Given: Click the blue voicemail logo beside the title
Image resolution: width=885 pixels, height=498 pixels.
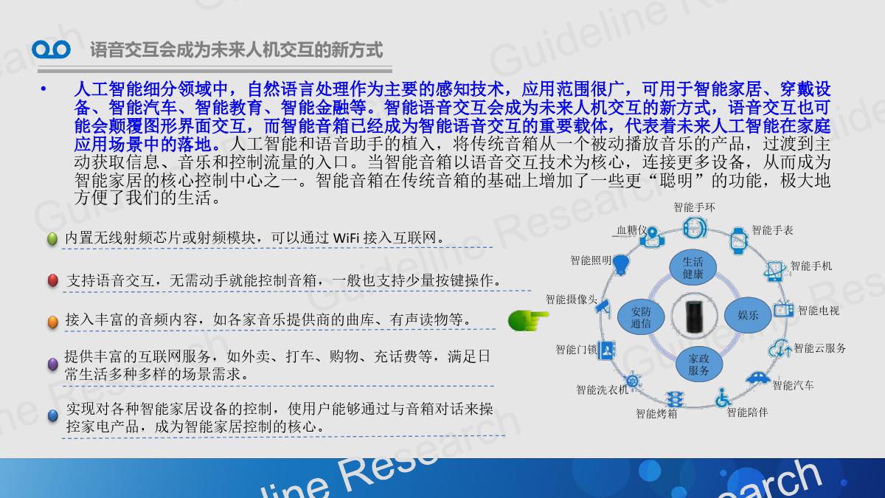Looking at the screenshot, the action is pos(51,49).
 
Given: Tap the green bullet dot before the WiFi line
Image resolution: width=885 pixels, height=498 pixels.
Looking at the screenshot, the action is pos(52,239).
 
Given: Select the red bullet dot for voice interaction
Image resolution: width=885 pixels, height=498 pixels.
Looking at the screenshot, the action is pos(52,280).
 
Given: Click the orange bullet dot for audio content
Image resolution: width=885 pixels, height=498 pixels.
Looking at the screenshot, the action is pos(52,322).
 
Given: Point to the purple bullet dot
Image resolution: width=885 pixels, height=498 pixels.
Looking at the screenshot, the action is pos(52,364).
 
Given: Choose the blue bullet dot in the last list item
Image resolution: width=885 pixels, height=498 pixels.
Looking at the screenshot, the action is pos(52,416).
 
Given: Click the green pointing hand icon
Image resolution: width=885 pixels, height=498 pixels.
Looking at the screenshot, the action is pos(528,320).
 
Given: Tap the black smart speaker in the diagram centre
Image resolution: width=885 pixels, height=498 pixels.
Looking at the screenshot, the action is pos(694,317).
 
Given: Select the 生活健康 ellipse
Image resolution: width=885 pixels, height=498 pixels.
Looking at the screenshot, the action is pos(693,268).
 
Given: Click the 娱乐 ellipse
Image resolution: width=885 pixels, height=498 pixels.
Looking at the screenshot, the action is pos(748,315).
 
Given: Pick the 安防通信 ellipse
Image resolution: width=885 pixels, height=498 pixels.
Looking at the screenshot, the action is pos(640,317).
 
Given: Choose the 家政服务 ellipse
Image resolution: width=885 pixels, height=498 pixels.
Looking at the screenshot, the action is pos(698,364).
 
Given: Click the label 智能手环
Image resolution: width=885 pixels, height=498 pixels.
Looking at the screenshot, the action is pos(694,207).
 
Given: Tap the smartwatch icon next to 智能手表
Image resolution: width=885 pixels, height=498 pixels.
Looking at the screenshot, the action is pos(738,241).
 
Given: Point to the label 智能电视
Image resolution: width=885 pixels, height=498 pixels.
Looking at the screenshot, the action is pos(819,311).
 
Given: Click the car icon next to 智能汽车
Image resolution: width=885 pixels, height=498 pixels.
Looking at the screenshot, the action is pos(758,378).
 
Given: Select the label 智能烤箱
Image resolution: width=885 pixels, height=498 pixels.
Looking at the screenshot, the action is pos(656,414).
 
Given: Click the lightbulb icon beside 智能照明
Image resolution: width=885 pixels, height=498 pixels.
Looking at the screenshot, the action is pos(621,264).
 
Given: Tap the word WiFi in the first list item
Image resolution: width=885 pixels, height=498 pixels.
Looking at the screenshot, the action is pos(346,238).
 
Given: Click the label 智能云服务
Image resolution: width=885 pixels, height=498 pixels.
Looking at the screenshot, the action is pos(820,348).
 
